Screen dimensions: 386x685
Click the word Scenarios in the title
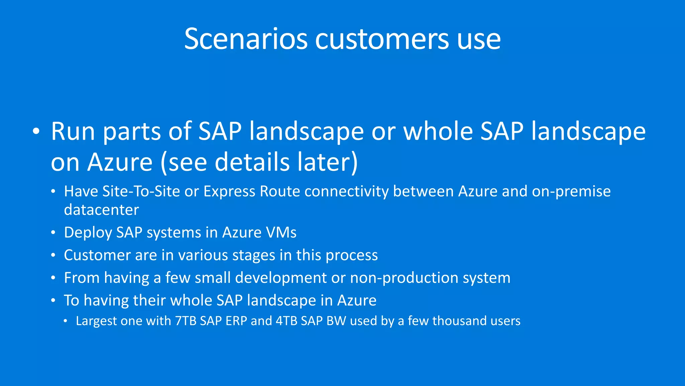(246, 40)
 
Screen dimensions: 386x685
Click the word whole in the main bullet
(438, 131)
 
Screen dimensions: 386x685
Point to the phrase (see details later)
(259, 162)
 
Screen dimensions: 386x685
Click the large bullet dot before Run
(36, 132)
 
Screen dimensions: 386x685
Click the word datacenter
(101, 210)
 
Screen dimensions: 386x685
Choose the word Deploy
(88, 233)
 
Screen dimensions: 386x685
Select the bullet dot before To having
(53, 301)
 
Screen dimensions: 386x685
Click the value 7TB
(186, 321)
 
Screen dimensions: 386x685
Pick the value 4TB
(286, 321)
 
